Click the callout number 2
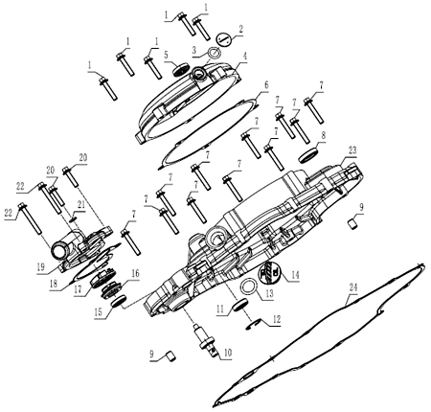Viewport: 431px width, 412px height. pyautogui.click(x=240, y=30)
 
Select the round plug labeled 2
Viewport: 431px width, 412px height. pyautogui.click(x=223, y=40)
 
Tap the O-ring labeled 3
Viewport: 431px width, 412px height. pyautogui.click(x=214, y=52)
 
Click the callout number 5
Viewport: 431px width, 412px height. pyautogui.click(x=166, y=55)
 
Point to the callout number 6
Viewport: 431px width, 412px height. pyautogui.click(x=265, y=85)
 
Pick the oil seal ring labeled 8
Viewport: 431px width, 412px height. pyautogui.click(x=309, y=155)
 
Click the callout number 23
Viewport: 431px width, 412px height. pyautogui.click(x=352, y=150)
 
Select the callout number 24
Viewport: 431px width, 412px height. pyautogui.click(x=352, y=287)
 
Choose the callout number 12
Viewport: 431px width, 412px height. pyautogui.click(x=276, y=319)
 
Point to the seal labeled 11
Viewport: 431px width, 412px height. pyautogui.click(x=240, y=305)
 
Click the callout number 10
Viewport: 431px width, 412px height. pyautogui.click(x=228, y=353)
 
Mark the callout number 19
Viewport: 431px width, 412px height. pyautogui.click(x=41, y=266)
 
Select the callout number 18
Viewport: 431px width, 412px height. pyautogui.click(x=54, y=284)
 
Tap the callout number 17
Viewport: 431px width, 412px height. pyautogui.click(x=79, y=290)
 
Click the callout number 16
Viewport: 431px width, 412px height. pyautogui.click(x=135, y=273)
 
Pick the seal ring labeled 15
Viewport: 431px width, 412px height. pyautogui.click(x=119, y=301)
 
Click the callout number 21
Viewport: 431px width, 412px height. pyautogui.click(x=81, y=204)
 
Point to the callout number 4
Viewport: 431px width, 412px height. pyautogui.click(x=245, y=57)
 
